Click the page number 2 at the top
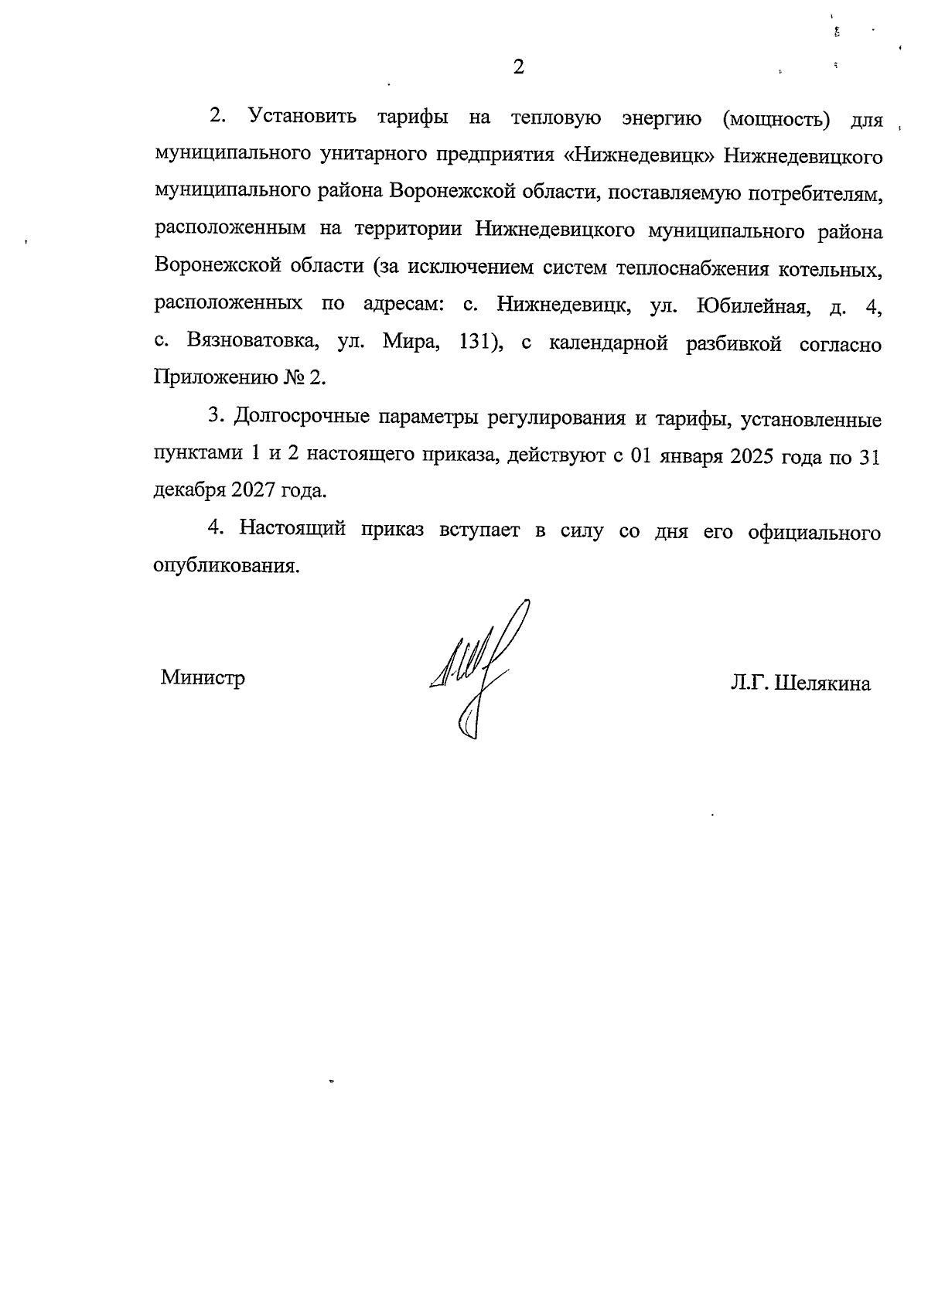tap(518, 67)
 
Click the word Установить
tap(302, 118)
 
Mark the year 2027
tap(252, 491)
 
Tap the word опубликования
tap(226, 565)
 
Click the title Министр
tap(203, 678)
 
